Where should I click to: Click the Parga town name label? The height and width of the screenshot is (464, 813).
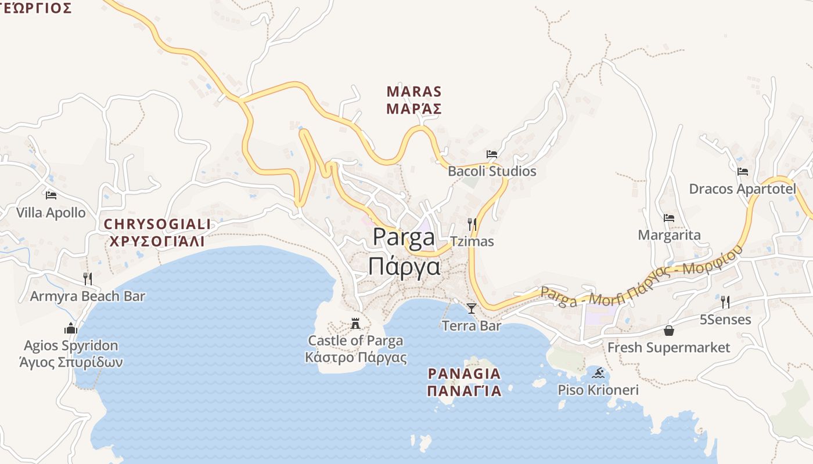click(x=404, y=238)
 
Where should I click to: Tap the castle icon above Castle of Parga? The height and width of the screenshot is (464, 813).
click(x=355, y=323)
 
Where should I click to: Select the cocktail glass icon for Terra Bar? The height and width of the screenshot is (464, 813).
click(x=471, y=308)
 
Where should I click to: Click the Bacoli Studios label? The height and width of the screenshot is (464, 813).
click(x=492, y=172)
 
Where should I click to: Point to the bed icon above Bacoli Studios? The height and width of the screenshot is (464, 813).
click(x=492, y=154)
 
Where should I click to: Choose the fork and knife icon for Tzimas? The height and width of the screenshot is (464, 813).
click(x=472, y=224)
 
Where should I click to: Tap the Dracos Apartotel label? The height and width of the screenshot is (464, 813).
click(x=742, y=189)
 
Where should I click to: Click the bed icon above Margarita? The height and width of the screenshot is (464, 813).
click(x=669, y=218)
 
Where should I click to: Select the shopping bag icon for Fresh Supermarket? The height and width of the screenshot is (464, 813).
click(x=669, y=331)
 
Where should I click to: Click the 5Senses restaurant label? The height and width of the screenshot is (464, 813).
click(x=725, y=320)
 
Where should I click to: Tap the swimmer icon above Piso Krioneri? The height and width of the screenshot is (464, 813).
click(x=598, y=372)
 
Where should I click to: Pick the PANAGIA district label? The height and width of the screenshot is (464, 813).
click(x=464, y=374)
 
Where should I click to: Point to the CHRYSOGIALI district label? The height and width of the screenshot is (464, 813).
click(x=157, y=224)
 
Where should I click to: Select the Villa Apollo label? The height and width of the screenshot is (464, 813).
click(x=51, y=213)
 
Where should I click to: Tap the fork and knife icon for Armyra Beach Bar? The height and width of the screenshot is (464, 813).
click(x=87, y=279)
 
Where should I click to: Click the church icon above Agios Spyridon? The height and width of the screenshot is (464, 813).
click(x=71, y=328)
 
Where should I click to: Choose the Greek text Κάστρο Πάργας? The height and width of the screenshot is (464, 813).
click(x=355, y=357)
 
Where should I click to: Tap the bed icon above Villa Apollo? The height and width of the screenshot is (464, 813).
click(x=51, y=195)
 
